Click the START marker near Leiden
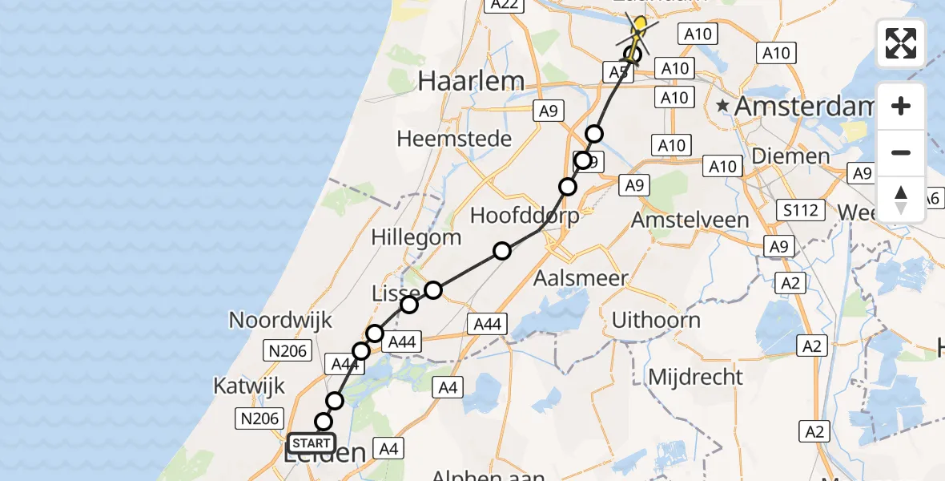click(312, 443)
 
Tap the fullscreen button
click(901, 43)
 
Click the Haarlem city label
click(472, 81)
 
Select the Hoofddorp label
click(525, 215)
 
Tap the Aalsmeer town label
click(581, 278)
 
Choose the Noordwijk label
click(280, 320)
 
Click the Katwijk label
click(249, 386)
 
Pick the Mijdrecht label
click(695, 376)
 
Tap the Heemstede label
click(454, 139)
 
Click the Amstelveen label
click(690, 219)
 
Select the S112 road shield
click(801, 211)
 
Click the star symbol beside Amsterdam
click(723, 106)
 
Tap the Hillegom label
click(416, 237)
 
